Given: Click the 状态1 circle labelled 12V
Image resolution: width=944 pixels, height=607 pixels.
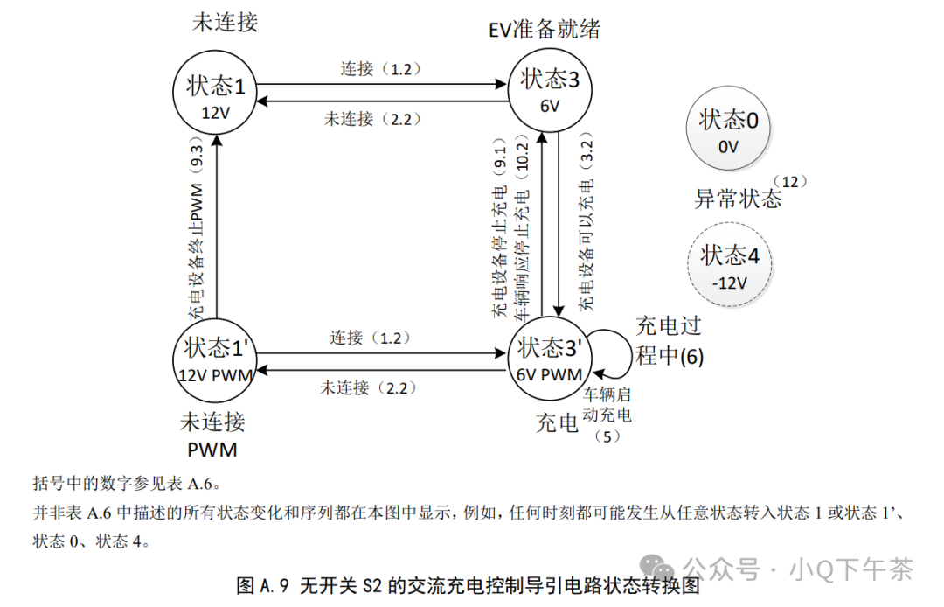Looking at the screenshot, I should tap(216, 95).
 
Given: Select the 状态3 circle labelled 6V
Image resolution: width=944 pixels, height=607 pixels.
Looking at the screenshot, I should tap(550, 87).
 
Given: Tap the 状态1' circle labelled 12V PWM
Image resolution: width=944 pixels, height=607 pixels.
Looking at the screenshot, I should tap(216, 358).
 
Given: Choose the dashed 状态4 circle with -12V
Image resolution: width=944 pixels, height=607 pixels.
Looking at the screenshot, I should tap(728, 266).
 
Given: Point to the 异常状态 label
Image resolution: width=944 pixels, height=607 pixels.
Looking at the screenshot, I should tap(738, 199).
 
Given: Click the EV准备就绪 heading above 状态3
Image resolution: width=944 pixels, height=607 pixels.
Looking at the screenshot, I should tap(545, 30).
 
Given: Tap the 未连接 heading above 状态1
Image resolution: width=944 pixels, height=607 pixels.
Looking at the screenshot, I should tap(225, 22).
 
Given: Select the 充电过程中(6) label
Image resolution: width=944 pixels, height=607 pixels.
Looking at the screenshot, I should tap(669, 341).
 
